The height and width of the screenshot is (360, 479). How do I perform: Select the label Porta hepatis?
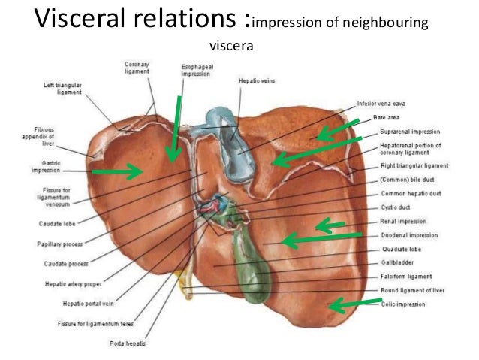tap(128, 343)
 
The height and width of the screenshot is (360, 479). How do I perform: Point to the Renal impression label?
tap(404, 222)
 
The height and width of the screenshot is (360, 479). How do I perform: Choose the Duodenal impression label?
tap(408, 235)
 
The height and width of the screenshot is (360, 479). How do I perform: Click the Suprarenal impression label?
tap(410, 130)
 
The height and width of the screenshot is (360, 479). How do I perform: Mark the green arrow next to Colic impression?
tap(357, 304)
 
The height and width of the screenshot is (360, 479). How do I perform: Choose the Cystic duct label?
tap(396, 207)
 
